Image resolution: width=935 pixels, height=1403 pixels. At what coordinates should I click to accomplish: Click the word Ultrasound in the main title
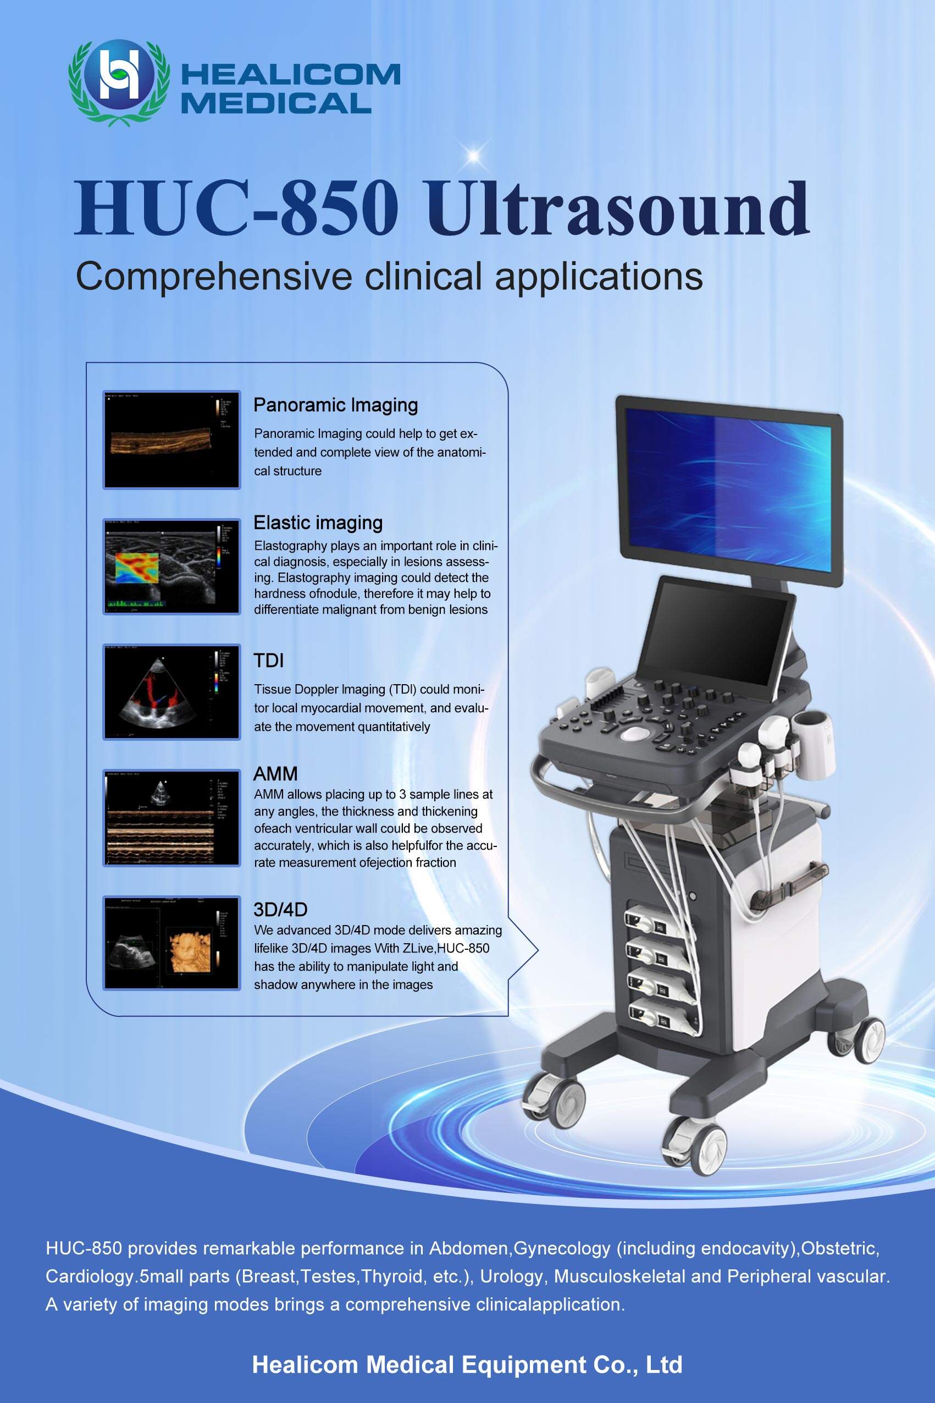pos(617,209)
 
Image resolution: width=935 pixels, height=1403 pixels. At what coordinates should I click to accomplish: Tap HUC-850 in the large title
pos(236,209)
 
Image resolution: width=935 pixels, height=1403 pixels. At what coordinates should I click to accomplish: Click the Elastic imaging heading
pos(318,522)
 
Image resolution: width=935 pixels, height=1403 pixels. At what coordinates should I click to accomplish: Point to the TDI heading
pos(268,661)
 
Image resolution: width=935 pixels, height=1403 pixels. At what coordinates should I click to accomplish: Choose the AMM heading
pos(275,774)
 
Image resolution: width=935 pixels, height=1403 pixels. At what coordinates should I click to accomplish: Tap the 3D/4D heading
pos(280,909)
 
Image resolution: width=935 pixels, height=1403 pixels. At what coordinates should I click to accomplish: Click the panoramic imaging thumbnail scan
pos(171,440)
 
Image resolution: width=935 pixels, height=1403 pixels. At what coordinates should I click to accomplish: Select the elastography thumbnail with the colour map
pos(171,566)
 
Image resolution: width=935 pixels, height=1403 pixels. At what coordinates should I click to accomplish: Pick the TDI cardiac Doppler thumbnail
pos(171,692)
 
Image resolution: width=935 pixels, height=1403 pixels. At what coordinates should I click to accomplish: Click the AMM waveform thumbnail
pos(171,818)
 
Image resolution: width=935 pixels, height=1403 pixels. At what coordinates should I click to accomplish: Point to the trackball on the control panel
pos(635,733)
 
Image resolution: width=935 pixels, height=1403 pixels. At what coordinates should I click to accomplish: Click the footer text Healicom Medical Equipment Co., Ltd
pos(467,1365)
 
